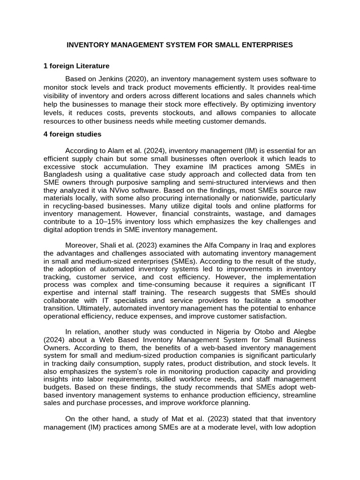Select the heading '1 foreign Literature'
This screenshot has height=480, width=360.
tap(76, 66)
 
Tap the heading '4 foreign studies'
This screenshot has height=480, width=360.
tap(72, 134)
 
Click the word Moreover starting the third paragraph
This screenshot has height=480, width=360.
tap(80, 246)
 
